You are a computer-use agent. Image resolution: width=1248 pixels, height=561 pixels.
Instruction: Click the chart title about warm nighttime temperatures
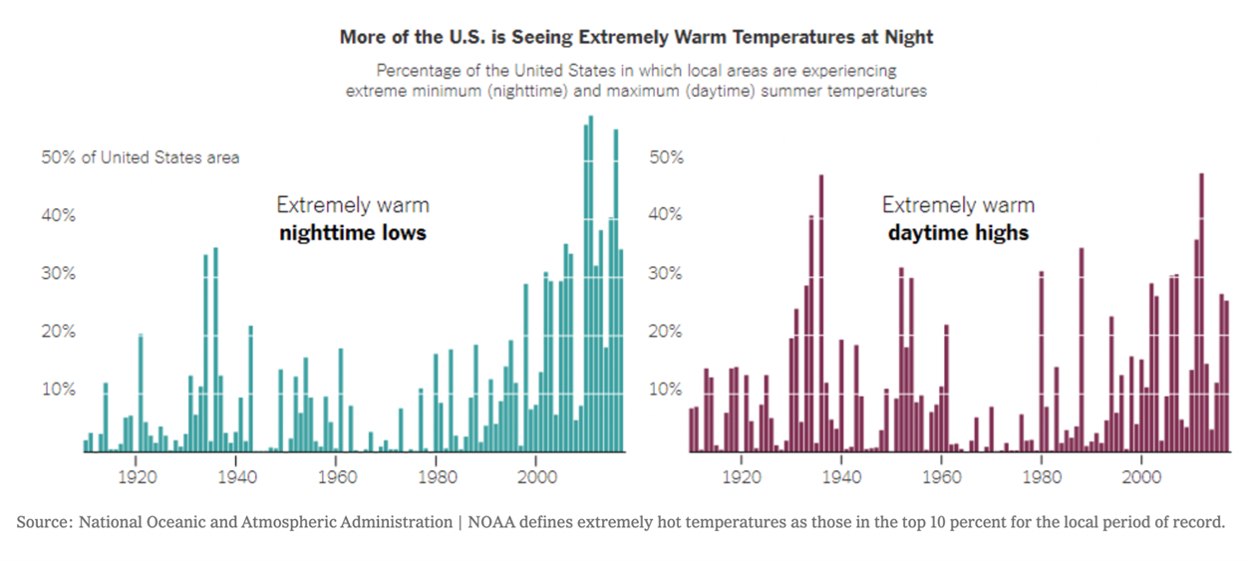coord(636,37)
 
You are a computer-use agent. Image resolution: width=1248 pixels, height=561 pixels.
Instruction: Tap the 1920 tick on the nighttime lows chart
coord(137,476)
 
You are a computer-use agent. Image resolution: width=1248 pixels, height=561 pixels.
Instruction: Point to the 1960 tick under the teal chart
coord(337,476)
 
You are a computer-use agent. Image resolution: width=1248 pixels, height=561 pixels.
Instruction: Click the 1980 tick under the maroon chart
coord(1041,476)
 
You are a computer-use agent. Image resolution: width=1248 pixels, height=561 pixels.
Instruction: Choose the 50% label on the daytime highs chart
coord(667,157)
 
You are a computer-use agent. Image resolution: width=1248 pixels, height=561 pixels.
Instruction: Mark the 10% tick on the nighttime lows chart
coord(59,389)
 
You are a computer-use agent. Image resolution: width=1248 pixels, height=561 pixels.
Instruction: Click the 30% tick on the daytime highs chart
coord(667,273)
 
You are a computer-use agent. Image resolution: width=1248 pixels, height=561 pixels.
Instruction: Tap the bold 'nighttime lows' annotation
coord(353,233)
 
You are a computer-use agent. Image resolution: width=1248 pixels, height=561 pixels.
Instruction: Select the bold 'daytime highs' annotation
coord(958,233)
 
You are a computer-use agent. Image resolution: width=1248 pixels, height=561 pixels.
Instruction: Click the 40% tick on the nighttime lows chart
coord(59,215)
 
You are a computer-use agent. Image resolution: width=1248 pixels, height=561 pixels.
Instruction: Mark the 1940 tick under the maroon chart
coord(840,476)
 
